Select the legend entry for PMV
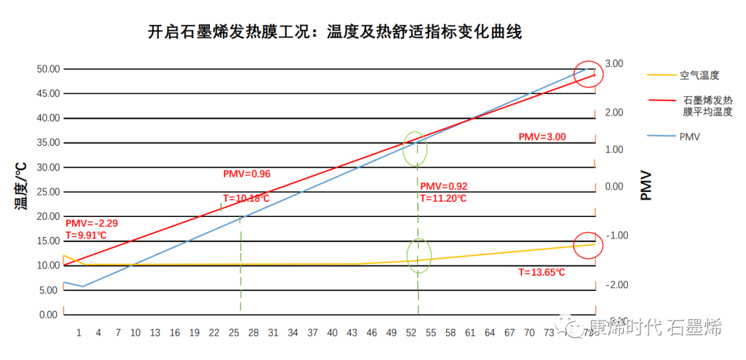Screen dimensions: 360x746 [x=689, y=137]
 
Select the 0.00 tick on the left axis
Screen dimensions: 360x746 [x=48, y=315]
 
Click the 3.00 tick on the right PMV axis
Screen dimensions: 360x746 [x=613, y=64]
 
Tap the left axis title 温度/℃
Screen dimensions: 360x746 [x=21, y=186]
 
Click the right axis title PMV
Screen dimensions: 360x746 [x=646, y=185]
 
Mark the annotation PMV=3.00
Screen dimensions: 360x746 [x=542, y=137]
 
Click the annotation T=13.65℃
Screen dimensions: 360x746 [x=542, y=272]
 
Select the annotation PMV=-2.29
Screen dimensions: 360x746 [x=91, y=223]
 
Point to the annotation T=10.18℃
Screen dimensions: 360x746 [x=246, y=199]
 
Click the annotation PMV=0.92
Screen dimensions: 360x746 [x=443, y=187]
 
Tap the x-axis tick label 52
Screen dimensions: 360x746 [x=411, y=333]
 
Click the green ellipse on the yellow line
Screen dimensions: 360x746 [x=419, y=256]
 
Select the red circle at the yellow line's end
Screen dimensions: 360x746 [x=589, y=245]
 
